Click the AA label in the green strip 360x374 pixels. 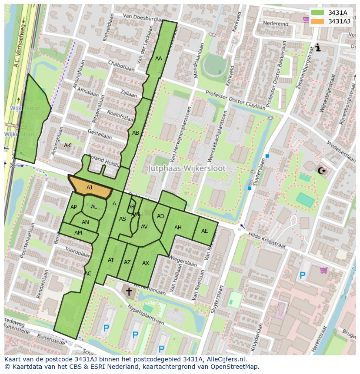click(159, 59)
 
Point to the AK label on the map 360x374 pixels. click(67, 146)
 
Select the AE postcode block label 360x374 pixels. click(204, 231)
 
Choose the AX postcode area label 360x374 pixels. click(146, 263)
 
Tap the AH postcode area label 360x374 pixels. click(178, 228)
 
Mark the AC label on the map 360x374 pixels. click(88, 274)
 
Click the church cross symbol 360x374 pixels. click(129, 291)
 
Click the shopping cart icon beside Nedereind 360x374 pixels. click(306, 19)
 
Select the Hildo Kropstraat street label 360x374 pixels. click(267, 242)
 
